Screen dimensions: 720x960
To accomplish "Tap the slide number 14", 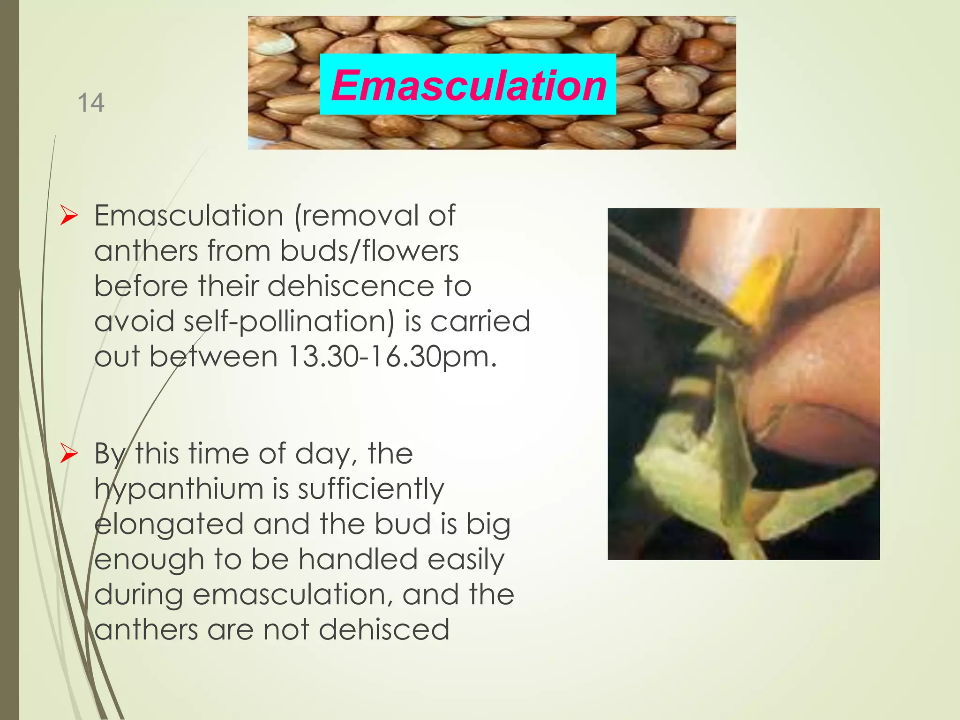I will click(x=90, y=103).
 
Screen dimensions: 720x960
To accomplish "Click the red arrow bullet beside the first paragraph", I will click(x=69, y=216).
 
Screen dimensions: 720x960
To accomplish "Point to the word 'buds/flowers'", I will click(x=369, y=251).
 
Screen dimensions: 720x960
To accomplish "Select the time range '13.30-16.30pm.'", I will click(x=392, y=357).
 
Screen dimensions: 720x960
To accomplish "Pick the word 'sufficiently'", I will click(x=371, y=489).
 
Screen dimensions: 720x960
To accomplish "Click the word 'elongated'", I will click(x=169, y=525).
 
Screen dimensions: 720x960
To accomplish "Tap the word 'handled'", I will click(x=358, y=559).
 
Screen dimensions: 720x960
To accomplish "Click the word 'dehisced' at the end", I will click(x=384, y=630).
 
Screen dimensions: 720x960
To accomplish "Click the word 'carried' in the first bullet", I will click(x=480, y=322).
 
